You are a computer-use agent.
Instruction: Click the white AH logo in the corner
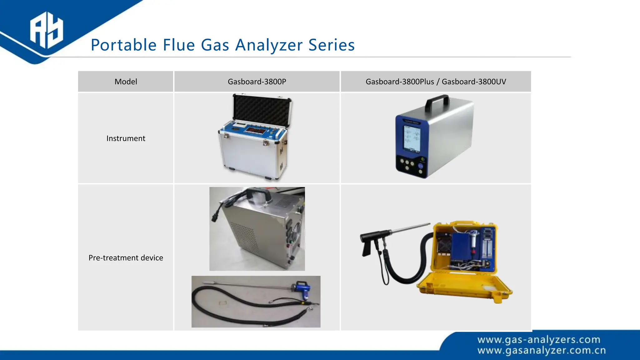[x=46, y=30]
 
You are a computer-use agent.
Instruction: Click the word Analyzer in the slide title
[x=269, y=45]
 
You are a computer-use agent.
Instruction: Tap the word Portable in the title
[x=123, y=45]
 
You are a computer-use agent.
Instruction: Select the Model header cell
[x=126, y=82]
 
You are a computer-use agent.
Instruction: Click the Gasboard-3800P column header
[x=257, y=82]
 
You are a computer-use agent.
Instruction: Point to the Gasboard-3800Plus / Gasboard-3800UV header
[x=436, y=82]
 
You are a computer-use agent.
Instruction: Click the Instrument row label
[x=126, y=138]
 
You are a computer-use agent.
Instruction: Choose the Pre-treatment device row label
[x=126, y=258]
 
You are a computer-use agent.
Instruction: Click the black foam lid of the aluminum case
[x=262, y=111]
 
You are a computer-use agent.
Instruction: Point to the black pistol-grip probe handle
[x=369, y=244]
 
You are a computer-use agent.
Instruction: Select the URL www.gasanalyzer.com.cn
[x=541, y=351]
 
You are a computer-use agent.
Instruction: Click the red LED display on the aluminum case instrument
[x=254, y=129]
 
